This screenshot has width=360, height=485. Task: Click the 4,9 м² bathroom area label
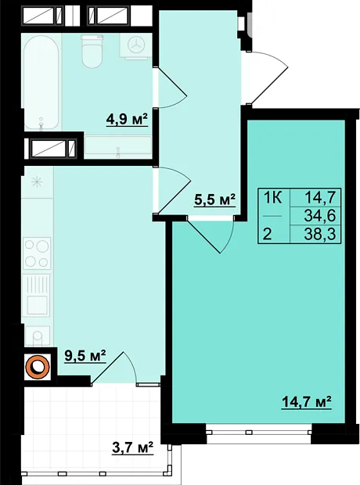[x=127, y=120]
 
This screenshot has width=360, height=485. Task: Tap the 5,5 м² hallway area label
[x=214, y=199]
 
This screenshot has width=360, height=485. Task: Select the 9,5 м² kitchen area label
[x=85, y=356]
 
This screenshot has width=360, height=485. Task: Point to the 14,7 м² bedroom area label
[x=307, y=402]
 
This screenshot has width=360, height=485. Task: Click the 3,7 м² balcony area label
[x=132, y=447]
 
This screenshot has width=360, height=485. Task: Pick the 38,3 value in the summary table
[x=320, y=235]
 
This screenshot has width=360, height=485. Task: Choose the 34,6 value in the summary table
[x=320, y=216]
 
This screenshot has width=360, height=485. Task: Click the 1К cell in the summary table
[x=272, y=197]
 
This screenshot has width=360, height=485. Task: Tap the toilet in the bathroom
[x=92, y=51]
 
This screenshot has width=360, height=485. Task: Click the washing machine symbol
[x=135, y=46]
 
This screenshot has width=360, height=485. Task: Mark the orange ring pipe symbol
[x=38, y=366]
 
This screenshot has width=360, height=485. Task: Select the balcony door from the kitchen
[x=114, y=368]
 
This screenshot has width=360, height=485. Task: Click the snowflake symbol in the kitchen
[x=38, y=181]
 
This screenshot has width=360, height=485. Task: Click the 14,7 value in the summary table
[x=320, y=197]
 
